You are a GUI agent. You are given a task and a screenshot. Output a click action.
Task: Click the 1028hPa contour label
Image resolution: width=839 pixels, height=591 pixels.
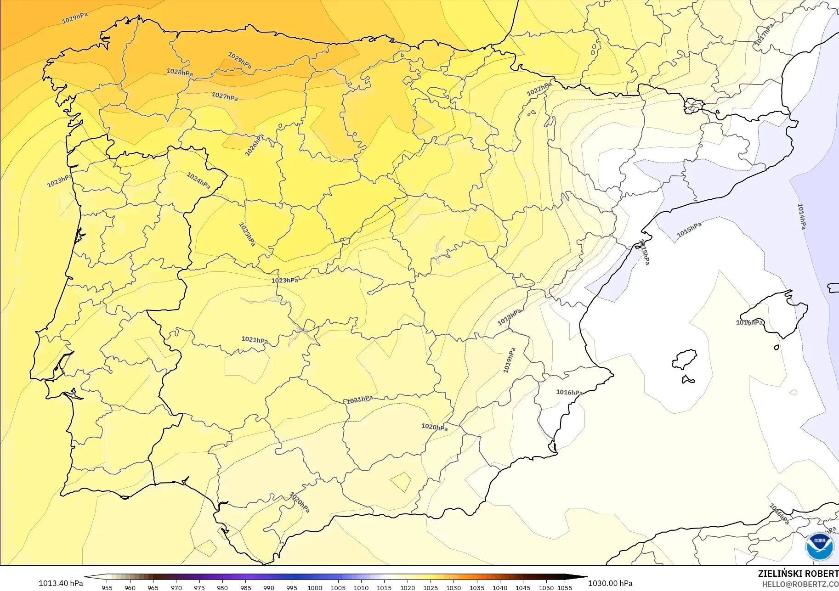point(180,72)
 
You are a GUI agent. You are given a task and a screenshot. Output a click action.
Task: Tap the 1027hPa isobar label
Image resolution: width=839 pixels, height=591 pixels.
point(225,96)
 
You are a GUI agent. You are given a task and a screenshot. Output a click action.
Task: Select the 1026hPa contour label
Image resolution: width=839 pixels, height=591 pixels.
point(255,145)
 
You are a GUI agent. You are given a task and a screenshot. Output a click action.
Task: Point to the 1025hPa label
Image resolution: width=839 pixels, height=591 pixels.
point(247,234)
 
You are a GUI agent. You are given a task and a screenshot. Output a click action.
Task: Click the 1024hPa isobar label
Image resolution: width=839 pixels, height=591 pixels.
point(198,180)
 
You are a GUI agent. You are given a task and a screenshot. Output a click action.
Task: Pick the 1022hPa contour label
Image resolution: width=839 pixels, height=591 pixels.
point(539,89)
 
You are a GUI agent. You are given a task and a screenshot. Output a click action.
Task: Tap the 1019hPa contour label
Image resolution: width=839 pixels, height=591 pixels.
point(509,360)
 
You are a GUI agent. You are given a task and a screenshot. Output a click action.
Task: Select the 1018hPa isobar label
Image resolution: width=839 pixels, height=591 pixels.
point(510,317)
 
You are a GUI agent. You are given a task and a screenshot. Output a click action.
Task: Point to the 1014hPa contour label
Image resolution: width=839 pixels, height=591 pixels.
point(801,216)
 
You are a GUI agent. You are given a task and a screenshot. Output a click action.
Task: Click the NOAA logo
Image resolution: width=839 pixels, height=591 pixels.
point(819,546)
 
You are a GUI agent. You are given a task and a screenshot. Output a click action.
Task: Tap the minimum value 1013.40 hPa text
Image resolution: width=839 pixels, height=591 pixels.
point(61,583)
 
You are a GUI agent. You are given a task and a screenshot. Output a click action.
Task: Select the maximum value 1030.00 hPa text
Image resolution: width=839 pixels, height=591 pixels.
point(610,583)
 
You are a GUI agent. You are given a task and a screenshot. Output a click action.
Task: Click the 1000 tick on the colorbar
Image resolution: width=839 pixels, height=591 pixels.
point(315,588)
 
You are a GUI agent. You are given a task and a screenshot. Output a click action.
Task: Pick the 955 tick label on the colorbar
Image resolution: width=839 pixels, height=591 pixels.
point(107,588)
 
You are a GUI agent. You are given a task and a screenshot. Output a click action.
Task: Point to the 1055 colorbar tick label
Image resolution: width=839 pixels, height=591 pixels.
point(565,588)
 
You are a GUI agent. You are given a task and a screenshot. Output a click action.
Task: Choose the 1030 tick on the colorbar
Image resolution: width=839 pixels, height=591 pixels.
point(454,588)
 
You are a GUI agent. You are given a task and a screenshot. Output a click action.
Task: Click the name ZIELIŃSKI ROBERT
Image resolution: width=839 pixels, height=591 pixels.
point(798,574)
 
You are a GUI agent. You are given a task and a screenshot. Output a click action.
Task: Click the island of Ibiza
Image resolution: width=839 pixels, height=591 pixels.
point(685,359)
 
